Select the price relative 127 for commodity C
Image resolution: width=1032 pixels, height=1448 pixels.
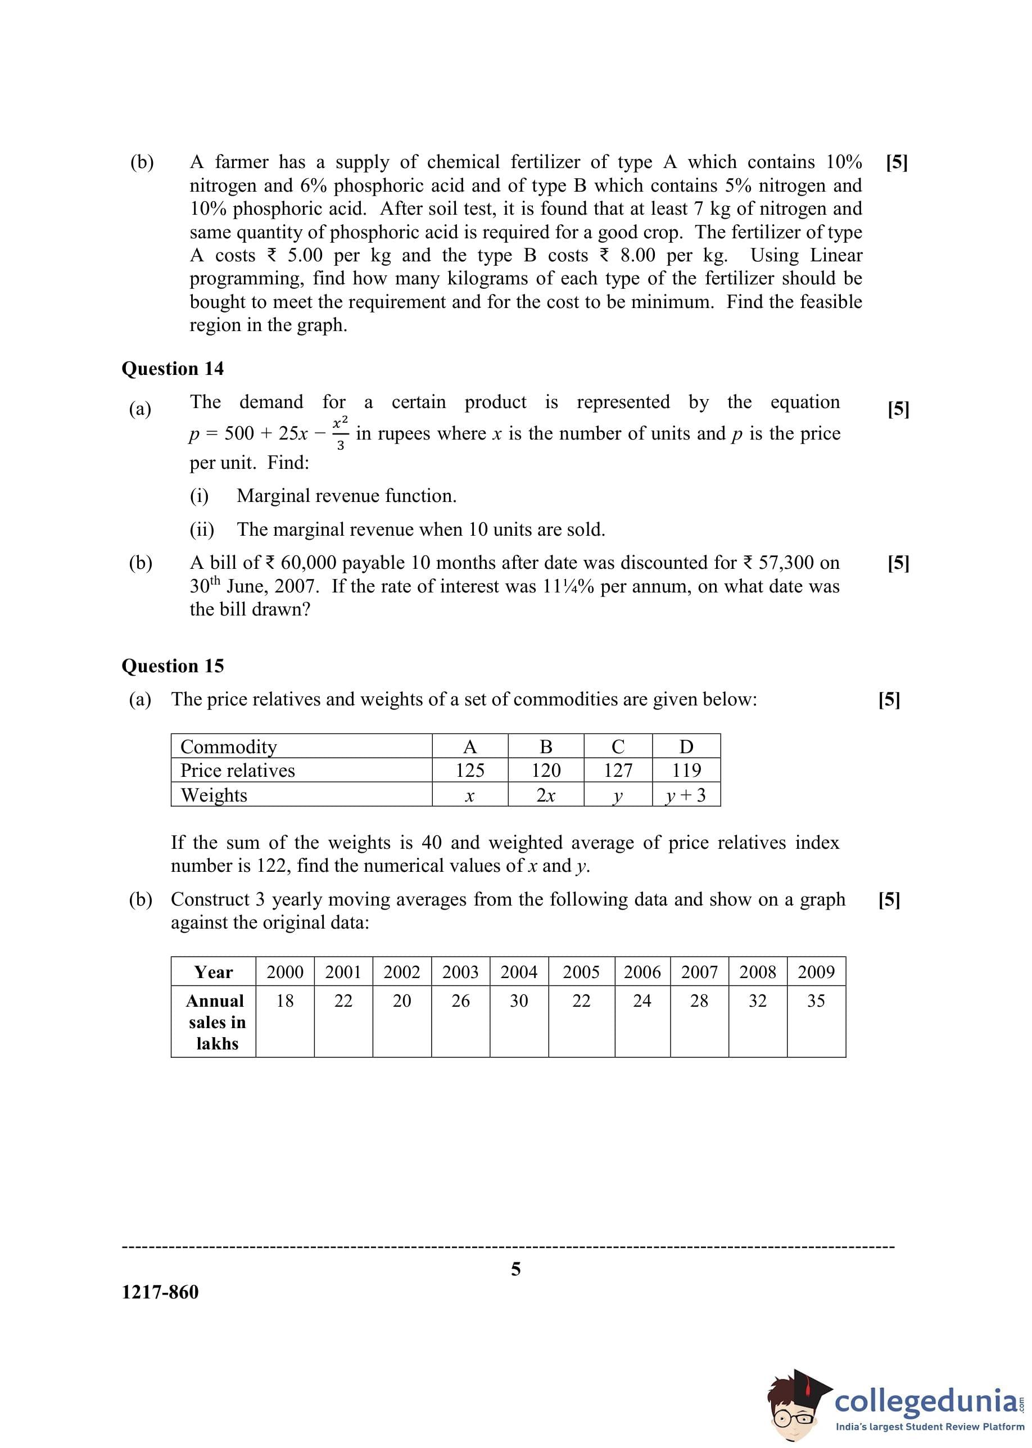(618, 770)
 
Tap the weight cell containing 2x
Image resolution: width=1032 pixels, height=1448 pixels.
(545, 795)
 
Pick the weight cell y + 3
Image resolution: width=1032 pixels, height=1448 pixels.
(686, 795)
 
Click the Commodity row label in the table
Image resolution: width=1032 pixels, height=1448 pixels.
(229, 746)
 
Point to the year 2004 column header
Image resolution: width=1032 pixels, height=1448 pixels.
(519, 971)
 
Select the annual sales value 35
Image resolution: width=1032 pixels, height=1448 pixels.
(816, 1001)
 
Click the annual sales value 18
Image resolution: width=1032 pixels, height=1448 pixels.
(284, 1001)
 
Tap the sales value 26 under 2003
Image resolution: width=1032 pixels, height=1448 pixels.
(460, 1001)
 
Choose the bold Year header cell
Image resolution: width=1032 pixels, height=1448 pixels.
(214, 972)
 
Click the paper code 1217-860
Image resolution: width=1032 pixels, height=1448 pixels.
(160, 1292)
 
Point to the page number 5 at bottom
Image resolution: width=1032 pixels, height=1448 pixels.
(516, 1269)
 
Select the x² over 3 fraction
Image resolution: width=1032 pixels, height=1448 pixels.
(340, 433)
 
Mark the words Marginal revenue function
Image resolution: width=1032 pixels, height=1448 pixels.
(346, 496)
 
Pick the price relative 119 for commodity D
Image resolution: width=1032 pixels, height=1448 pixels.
(686, 770)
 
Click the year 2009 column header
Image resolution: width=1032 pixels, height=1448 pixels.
(816, 971)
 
